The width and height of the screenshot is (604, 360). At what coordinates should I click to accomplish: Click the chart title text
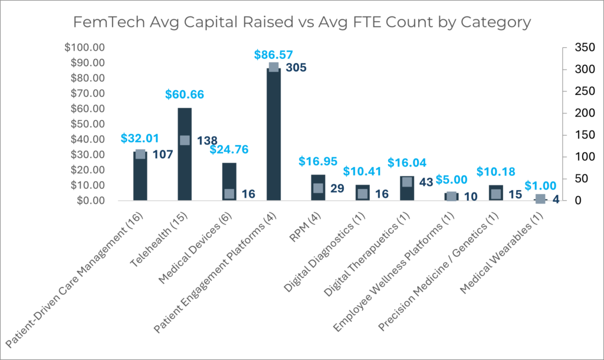301,22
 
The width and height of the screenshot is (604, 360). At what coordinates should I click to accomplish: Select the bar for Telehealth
185,159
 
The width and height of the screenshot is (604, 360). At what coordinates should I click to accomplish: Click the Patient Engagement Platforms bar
274,136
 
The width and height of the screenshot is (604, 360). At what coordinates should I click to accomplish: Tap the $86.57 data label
274,54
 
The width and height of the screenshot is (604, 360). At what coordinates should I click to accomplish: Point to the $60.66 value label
185,94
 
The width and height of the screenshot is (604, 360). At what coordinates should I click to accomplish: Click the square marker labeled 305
274,67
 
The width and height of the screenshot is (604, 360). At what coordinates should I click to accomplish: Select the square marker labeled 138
185,140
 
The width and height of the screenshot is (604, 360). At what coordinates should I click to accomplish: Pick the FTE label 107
162,155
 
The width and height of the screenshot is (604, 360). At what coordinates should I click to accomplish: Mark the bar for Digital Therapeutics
407,189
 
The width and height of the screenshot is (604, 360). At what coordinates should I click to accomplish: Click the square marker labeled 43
407,182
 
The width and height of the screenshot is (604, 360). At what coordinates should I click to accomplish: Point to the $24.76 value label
229,149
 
